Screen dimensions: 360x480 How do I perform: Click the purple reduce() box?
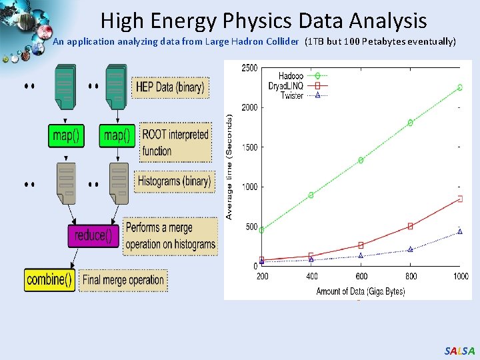tap(94, 235)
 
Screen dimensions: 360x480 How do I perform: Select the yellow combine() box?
tap(50, 279)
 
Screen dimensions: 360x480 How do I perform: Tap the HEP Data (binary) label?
tap(170, 87)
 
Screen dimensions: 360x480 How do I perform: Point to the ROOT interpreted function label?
tap(175, 142)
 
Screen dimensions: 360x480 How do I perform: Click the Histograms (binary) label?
tap(174, 181)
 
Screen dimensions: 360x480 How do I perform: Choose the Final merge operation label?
tap(123, 280)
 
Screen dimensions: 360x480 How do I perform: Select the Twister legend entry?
tap(292, 95)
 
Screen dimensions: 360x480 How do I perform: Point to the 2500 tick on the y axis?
tap(250, 68)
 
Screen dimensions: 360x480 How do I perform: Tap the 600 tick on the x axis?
tap(361, 275)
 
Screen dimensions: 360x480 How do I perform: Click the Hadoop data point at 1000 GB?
tap(459, 87)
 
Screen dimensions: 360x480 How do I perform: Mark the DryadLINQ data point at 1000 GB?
tap(459, 198)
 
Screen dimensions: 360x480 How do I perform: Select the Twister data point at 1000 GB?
tap(459, 231)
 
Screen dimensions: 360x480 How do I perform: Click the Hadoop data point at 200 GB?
tap(262, 230)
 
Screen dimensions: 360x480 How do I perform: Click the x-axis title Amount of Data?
tap(360, 291)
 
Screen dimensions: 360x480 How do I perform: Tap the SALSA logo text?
tap(459, 351)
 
